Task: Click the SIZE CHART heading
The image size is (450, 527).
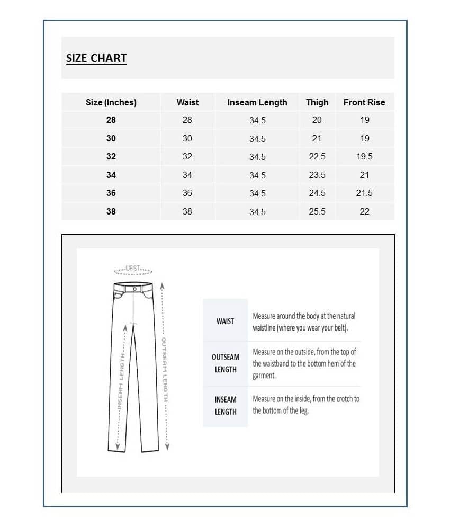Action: [x=96, y=58]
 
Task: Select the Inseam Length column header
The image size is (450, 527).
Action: [x=257, y=102]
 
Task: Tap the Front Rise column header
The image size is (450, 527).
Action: [x=364, y=102]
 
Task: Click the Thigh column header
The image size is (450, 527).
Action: [x=317, y=102]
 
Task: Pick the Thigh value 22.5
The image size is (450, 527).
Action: [x=317, y=157]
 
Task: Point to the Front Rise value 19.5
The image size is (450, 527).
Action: [x=364, y=157]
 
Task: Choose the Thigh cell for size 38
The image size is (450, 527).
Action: [x=317, y=211]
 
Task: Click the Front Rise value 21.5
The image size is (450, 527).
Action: [x=364, y=193]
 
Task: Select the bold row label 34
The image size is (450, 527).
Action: [x=111, y=175]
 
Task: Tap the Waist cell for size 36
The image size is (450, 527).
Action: [x=187, y=193]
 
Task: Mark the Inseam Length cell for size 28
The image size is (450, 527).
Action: [x=257, y=120]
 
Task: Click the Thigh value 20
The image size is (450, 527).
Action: [x=317, y=120]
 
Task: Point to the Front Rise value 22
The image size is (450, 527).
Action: [x=364, y=211]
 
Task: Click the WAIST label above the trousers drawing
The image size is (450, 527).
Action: [x=133, y=268]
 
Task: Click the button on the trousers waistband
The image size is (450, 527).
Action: [x=136, y=289]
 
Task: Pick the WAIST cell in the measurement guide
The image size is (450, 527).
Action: [x=225, y=321]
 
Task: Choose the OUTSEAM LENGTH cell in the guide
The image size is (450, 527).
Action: [x=226, y=363]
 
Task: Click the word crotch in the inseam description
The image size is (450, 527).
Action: [x=339, y=399]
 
